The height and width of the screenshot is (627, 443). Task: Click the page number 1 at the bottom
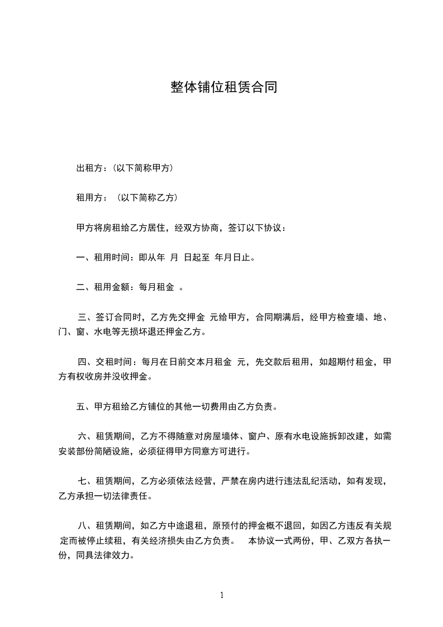click(x=222, y=595)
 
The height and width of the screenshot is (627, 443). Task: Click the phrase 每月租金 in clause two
click(x=158, y=288)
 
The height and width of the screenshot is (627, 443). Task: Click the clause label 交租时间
click(x=113, y=363)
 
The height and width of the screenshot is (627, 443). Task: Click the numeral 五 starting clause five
click(x=80, y=407)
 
